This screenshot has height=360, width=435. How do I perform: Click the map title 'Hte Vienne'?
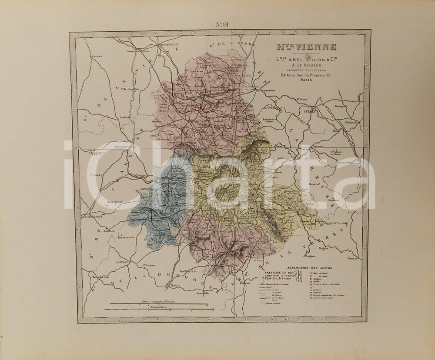[304, 47]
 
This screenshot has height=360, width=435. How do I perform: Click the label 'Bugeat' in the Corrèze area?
[323, 249]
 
